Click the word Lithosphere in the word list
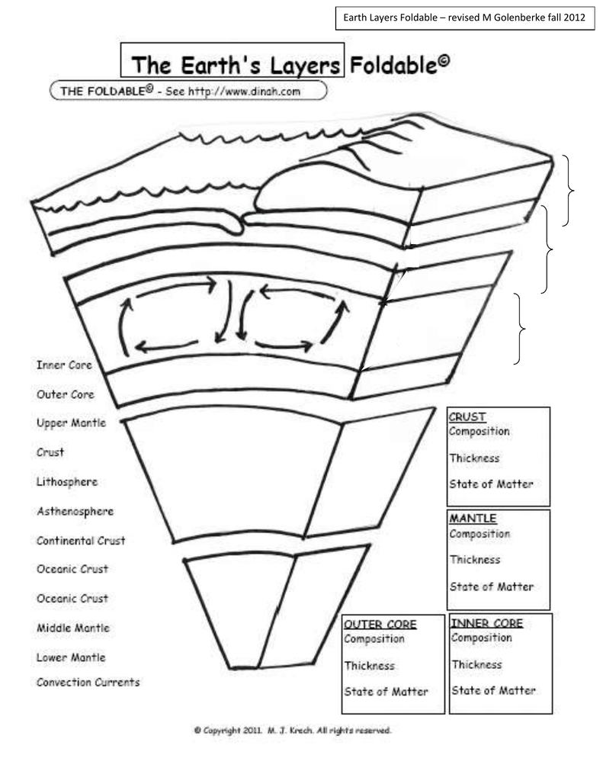click(x=67, y=482)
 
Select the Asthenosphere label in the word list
click(x=75, y=512)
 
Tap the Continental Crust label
click(x=81, y=541)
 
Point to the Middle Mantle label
click(x=72, y=628)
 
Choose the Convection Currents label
click(x=88, y=683)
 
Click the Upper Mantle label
click(x=71, y=423)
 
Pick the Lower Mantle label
click(x=71, y=657)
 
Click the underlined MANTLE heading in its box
click(x=473, y=519)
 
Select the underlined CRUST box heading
click(x=467, y=417)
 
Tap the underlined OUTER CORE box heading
click(x=380, y=625)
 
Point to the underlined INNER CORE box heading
click(x=486, y=623)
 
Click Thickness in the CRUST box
click(x=474, y=458)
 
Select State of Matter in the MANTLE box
click(x=492, y=587)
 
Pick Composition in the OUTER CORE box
click(x=374, y=639)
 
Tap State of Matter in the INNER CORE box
click(x=493, y=690)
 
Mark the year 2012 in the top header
click(x=575, y=18)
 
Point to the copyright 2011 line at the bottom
click(x=292, y=731)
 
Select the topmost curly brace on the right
click(x=569, y=191)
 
